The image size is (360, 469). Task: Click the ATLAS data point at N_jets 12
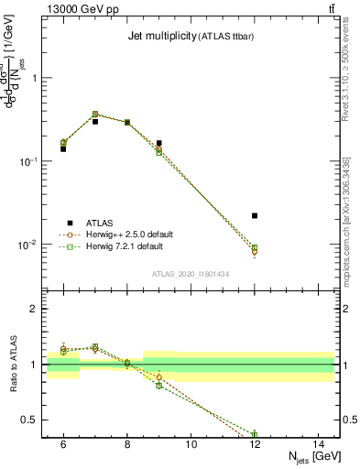click(255, 215)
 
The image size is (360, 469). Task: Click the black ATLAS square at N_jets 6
click(63, 148)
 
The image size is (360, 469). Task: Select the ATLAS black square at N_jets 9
click(158, 143)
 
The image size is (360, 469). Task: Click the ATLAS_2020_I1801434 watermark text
click(191, 275)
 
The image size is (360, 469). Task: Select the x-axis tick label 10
click(191, 444)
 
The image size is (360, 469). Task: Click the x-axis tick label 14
click(319, 444)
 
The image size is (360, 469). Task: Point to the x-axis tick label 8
click(126, 444)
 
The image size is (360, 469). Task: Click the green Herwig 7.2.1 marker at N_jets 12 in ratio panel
click(255, 434)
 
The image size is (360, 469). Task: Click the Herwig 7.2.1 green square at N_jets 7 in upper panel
click(95, 115)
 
